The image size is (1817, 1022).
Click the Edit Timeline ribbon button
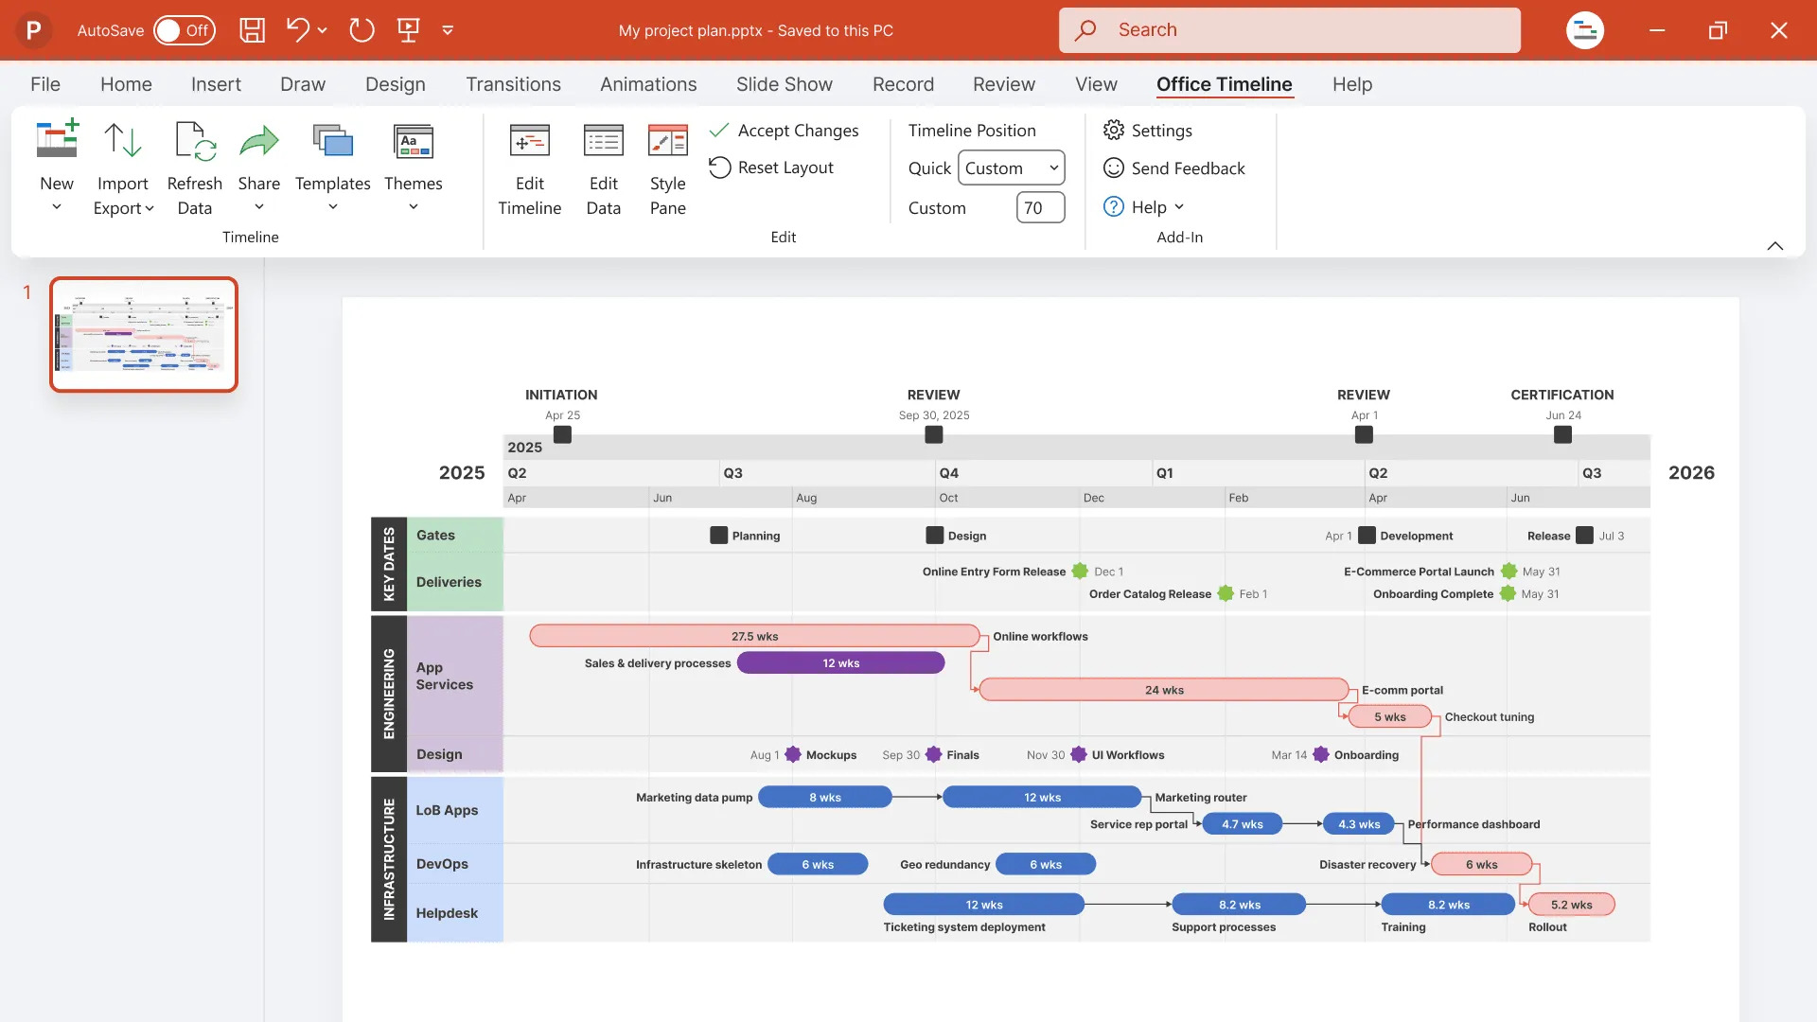click(529, 170)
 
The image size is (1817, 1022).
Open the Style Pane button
click(667, 170)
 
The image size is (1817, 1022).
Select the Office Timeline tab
click(1224, 84)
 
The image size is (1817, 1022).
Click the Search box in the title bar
click(1289, 30)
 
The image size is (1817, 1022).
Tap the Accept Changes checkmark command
click(784, 131)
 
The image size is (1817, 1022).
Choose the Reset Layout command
click(771, 167)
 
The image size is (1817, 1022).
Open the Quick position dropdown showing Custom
click(1011, 168)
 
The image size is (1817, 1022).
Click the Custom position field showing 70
click(1040, 208)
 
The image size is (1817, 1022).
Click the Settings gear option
click(1147, 131)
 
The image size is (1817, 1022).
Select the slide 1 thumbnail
click(144, 334)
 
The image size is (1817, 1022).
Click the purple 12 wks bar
click(840, 663)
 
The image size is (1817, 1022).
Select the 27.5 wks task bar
click(754, 636)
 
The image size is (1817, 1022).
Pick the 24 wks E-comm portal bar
click(1164, 690)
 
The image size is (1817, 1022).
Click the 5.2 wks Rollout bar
click(1571, 905)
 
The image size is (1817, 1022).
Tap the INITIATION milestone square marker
click(562, 434)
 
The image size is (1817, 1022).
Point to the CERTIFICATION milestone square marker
click(1562, 434)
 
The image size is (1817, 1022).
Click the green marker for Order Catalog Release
click(1226, 593)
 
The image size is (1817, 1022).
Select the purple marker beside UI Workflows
click(1079, 754)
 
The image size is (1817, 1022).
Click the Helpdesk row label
click(447, 913)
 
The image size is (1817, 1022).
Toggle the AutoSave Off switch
click(185, 30)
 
